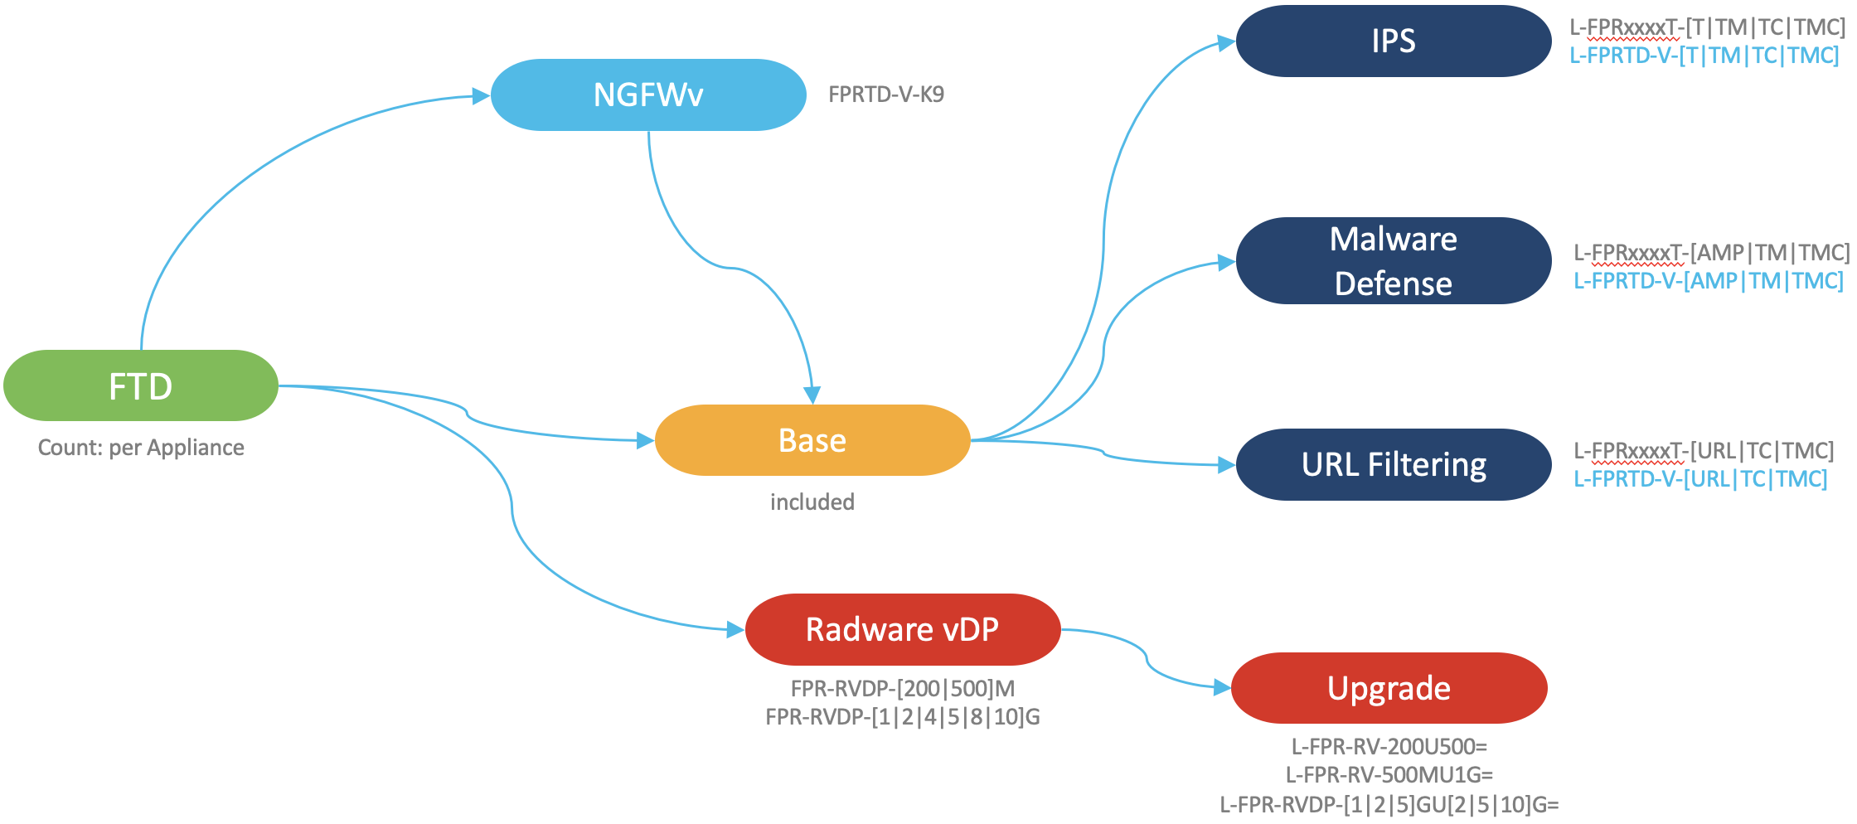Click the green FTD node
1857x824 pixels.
coord(141,385)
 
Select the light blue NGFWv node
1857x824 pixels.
coord(648,95)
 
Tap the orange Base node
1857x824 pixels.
coord(812,440)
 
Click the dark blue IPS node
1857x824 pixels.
coord(1394,41)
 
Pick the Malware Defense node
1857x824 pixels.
coord(1394,261)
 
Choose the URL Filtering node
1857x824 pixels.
coord(1394,464)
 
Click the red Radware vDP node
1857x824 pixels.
coord(903,629)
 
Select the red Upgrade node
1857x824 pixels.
coord(1389,688)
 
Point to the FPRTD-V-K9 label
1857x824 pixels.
coord(886,95)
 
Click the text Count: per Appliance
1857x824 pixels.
coord(141,448)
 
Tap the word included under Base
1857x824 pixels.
coord(812,502)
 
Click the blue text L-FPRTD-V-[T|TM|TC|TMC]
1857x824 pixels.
coord(1704,56)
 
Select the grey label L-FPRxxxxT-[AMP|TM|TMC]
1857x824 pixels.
coord(1711,252)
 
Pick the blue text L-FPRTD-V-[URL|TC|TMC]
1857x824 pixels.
coord(1700,479)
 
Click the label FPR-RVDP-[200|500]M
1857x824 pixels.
coord(903,689)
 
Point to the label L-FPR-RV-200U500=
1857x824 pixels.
coord(1389,747)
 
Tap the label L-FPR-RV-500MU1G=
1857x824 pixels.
coord(1389,775)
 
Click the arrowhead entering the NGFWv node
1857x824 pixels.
coord(482,96)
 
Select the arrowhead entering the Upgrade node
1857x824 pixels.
coord(1222,687)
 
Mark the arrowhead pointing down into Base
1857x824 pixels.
coord(812,395)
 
